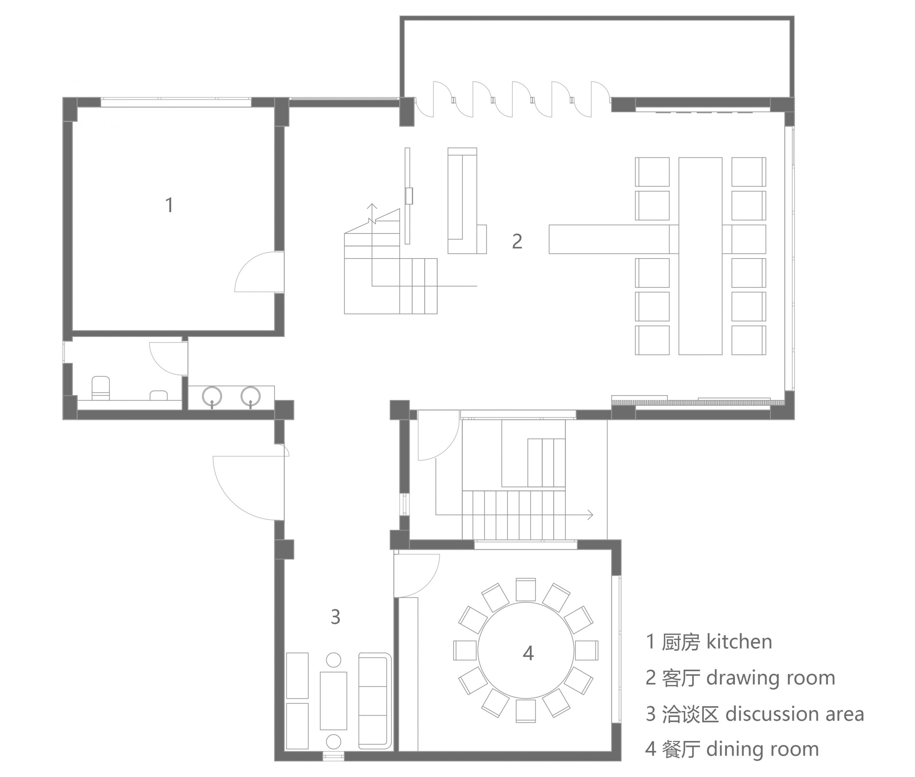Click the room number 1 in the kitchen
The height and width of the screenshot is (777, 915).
coord(169,205)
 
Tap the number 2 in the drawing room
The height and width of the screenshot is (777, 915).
coord(517,241)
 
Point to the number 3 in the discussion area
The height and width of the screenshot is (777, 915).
coord(336,617)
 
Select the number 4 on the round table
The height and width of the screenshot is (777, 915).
coord(528,653)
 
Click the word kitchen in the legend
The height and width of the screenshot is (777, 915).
coord(739,642)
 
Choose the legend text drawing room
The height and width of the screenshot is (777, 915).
coord(771,678)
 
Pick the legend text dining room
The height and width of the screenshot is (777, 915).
coord(762,750)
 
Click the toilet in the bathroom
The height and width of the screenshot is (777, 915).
coord(100,388)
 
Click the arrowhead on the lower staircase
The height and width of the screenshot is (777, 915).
coord(590,515)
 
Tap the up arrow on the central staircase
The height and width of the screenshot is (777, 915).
coord(372,207)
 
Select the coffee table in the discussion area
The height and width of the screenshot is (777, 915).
coord(333,701)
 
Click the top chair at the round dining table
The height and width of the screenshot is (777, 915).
coord(526,589)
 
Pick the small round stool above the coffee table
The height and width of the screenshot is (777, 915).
coord(333,660)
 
